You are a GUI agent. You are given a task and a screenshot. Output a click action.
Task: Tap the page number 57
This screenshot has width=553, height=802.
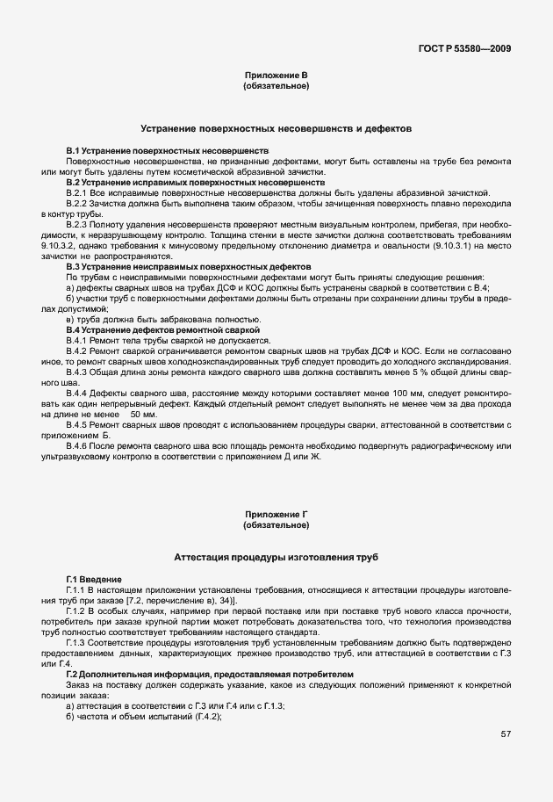click(x=506, y=734)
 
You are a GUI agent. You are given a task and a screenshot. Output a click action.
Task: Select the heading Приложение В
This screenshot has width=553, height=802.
click(x=276, y=76)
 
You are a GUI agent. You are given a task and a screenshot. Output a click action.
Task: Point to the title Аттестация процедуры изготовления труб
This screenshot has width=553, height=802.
click(x=276, y=557)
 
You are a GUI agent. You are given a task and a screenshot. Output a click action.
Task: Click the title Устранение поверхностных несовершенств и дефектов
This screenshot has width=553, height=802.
click(x=276, y=128)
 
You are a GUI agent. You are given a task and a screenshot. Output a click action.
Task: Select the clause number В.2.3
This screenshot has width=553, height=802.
click(x=78, y=224)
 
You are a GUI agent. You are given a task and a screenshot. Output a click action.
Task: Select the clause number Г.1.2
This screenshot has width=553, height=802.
click(x=78, y=611)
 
